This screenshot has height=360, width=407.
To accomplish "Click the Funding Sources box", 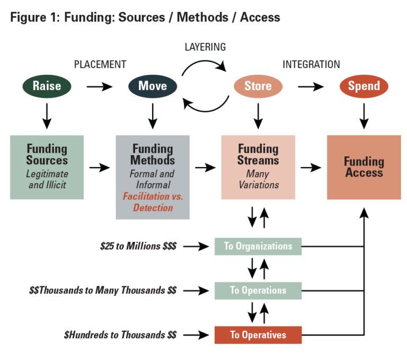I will (x=47, y=167).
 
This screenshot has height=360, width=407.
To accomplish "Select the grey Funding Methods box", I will (x=153, y=177).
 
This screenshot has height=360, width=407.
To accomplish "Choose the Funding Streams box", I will (x=258, y=167).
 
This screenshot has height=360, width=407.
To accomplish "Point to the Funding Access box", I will (x=364, y=167).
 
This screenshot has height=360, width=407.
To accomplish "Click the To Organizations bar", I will (x=258, y=247).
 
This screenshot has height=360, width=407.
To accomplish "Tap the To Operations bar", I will (x=258, y=291).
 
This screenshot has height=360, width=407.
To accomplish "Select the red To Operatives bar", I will (x=258, y=335).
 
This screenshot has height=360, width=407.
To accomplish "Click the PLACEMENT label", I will (x=100, y=65).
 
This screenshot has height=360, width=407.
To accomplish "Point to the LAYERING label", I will (x=205, y=47).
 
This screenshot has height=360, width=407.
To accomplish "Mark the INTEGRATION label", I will (x=311, y=65).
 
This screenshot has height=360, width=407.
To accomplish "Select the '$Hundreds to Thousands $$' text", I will (x=120, y=335).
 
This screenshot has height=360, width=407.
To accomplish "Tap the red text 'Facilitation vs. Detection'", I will (x=153, y=202).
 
